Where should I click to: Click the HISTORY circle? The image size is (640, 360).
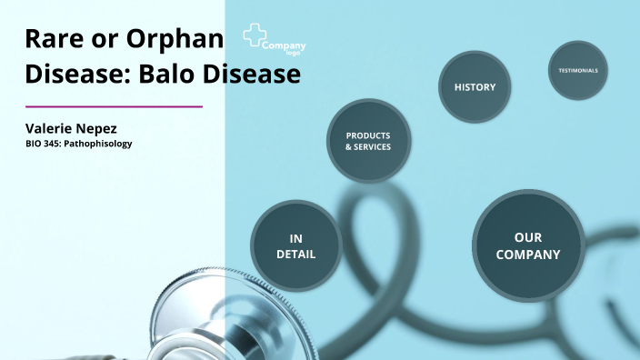(475, 87)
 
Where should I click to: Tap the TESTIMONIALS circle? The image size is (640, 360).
(577, 70)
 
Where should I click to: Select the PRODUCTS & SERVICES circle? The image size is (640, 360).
(368, 141)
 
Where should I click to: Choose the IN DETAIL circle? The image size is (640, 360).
(296, 246)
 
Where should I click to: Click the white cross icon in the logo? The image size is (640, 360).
(254, 36)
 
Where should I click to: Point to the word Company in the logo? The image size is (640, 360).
(284, 45)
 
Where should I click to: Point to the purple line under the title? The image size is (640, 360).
(114, 106)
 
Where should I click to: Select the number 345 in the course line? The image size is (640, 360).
(55, 144)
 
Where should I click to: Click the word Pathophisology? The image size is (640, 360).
(101, 144)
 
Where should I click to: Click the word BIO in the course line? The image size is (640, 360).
(34, 144)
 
